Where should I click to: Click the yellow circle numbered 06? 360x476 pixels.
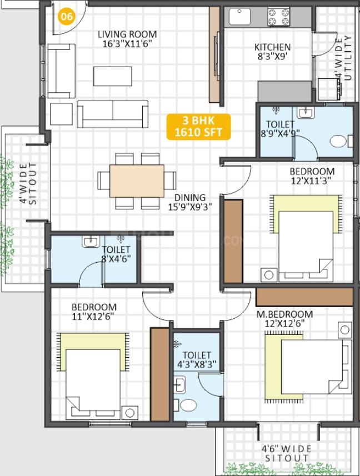[67, 16]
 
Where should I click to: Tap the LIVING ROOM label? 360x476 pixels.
[127, 34]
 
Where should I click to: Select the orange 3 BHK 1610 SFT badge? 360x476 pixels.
[198, 127]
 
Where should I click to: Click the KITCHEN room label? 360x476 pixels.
[272, 47]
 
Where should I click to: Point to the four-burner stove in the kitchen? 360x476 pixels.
[278, 17]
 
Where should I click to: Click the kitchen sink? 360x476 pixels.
[240, 17]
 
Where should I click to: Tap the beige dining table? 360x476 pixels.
[137, 181]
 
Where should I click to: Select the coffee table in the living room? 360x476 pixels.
[113, 76]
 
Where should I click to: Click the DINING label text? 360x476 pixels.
[190, 198]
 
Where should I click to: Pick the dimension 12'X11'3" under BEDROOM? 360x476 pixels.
[311, 181]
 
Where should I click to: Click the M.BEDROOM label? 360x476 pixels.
[284, 314]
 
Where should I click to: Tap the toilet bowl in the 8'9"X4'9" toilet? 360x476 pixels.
[338, 142]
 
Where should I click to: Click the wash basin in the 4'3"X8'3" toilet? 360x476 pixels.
[179, 385]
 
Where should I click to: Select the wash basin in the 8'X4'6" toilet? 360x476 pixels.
[91, 242]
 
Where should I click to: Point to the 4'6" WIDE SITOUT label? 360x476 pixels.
[286, 454]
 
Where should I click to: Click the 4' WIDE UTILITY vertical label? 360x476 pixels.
[343, 58]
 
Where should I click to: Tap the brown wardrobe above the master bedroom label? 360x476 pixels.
[304, 297]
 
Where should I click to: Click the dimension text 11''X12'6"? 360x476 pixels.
[93, 317]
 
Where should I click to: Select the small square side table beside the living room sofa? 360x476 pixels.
[61, 114]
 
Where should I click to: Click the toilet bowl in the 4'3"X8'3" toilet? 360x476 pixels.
[188, 405]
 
